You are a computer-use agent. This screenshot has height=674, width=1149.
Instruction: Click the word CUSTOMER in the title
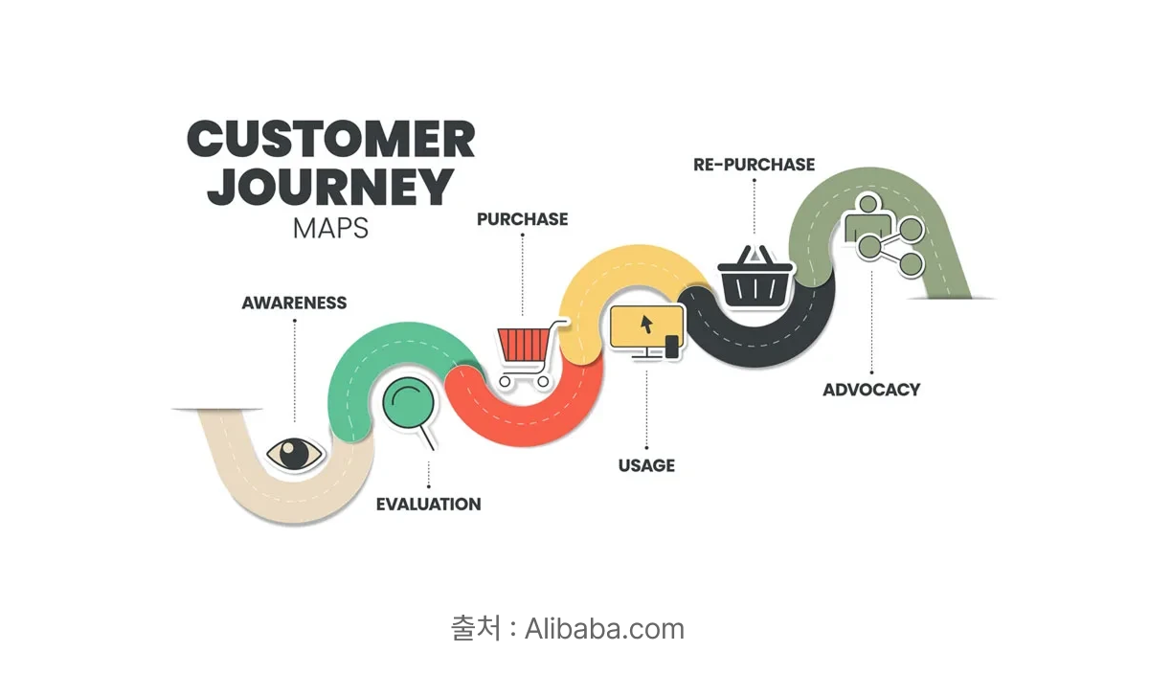(331, 139)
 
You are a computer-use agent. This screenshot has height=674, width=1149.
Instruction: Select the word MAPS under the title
(330, 228)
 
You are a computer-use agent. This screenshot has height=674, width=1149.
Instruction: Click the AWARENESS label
(294, 303)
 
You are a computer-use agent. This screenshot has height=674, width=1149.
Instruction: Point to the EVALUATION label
(428, 505)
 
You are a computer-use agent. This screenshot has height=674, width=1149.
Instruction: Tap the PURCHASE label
(522, 219)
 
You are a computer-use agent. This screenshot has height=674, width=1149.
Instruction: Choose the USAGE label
(646, 465)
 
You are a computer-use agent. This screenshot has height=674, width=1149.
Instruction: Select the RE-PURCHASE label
(755, 164)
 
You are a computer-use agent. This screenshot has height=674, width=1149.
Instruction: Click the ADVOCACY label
(871, 390)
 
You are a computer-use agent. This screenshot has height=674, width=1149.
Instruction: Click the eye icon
(295, 454)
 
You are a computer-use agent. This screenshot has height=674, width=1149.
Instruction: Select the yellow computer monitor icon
(647, 332)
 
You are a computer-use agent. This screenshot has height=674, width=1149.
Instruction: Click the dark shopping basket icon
(755, 277)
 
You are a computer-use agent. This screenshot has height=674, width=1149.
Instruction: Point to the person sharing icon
(883, 235)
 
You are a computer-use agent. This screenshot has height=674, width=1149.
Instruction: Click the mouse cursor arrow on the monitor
(646, 325)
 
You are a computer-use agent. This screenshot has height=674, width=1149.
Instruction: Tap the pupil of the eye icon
(293, 453)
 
